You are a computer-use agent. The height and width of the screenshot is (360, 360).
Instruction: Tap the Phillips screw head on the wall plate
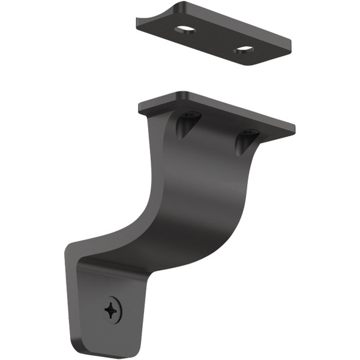coord(112,310)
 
